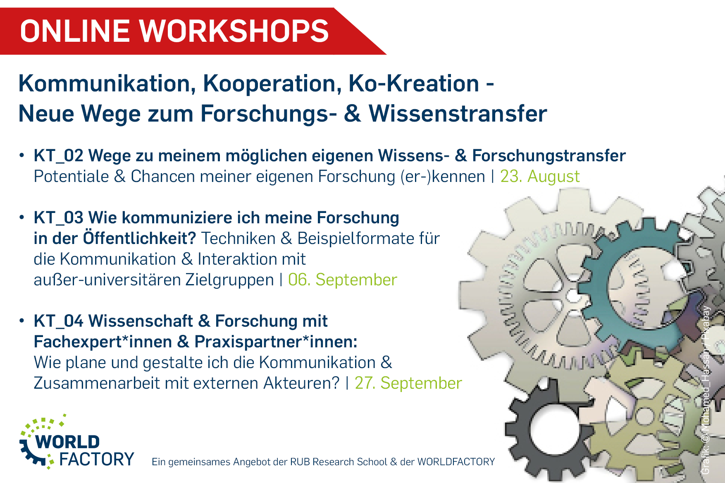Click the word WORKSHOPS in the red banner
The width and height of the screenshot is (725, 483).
coord(233,31)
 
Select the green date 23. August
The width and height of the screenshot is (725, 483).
coord(540,177)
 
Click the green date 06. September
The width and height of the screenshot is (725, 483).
coord(342,280)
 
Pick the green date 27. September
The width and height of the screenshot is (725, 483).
coord(408,383)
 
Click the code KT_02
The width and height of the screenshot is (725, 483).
coord(59,156)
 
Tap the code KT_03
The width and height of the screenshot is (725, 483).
coord(59,218)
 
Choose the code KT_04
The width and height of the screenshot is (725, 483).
coord(59,321)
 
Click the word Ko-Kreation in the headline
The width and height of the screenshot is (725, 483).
coord(414,84)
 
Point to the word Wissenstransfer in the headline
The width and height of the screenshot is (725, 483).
coord(458,114)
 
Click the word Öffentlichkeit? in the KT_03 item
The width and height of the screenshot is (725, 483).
coord(139,238)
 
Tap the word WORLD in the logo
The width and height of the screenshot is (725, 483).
coord(67,442)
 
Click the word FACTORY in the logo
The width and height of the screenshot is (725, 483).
coord(97,459)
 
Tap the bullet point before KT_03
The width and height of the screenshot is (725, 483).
coord(21,218)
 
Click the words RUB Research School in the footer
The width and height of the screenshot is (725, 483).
coord(339,462)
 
